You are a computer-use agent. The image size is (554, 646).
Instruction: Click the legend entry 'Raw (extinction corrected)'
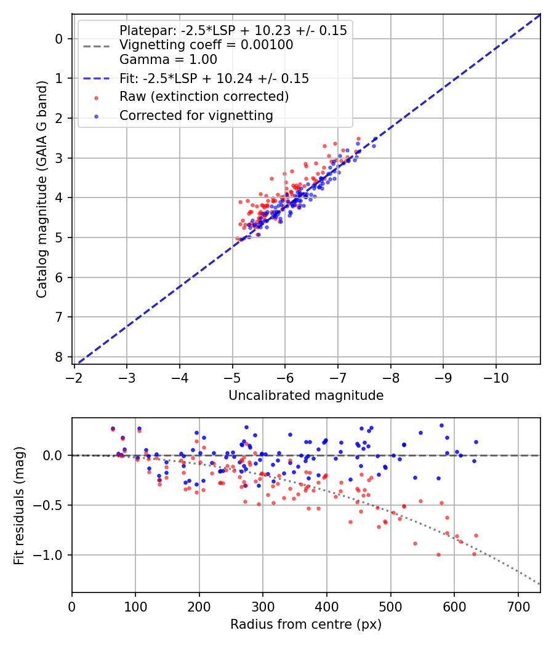(204, 97)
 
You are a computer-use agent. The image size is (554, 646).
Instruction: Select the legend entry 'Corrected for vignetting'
(196, 115)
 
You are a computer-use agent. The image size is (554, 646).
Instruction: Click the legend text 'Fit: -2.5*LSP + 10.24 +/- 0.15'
(214, 78)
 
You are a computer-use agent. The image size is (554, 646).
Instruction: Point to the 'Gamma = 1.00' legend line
(168, 60)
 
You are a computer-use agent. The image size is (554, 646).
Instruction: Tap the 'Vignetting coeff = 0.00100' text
(206, 45)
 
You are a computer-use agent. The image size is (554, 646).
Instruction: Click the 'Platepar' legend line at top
(233, 30)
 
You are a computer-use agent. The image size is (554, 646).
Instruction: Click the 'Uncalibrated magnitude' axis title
(306, 396)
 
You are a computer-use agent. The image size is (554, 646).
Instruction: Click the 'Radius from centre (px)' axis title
(306, 624)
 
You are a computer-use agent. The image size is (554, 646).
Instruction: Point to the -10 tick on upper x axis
(496, 377)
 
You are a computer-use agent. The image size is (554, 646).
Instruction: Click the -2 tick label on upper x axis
(74, 377)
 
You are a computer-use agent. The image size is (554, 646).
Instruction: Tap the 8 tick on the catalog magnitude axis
(59, 357)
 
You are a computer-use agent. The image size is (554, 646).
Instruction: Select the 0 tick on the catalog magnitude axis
(59, 39)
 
